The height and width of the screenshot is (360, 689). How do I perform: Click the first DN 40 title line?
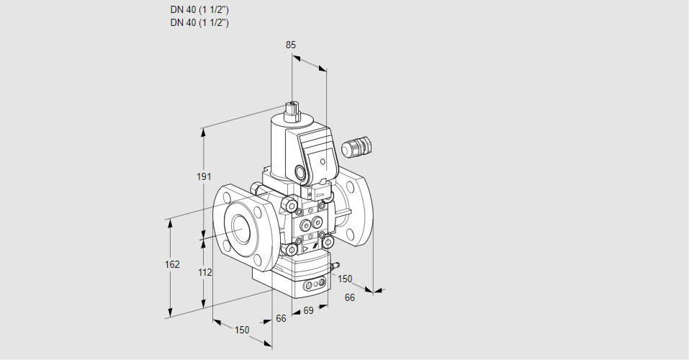tap(199, 10)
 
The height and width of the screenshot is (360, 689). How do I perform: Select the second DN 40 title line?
tap(199, 22)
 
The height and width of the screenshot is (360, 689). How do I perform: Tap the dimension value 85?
tap(290, 45)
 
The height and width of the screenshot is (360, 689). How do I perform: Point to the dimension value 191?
tap(204, 177)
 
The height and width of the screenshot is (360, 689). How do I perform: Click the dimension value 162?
tap(171, 264)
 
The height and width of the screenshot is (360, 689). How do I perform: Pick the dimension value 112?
tap(204, 272)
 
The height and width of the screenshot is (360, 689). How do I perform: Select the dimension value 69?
tap(307, 310)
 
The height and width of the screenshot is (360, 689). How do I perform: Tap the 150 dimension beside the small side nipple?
tap(346, 279)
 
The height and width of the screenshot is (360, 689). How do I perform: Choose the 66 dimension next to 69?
tap(281, 318)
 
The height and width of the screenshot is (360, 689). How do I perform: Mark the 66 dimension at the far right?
tap(349, 297)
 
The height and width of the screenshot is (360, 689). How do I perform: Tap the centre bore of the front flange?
tap(238, 226)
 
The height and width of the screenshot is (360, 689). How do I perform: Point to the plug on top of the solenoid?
tap(292, 109)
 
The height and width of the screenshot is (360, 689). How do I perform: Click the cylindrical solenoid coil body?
tap(276, 144)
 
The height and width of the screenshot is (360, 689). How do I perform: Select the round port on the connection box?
tap(300, 173)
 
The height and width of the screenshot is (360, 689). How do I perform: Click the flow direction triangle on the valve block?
tap(306, 248)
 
